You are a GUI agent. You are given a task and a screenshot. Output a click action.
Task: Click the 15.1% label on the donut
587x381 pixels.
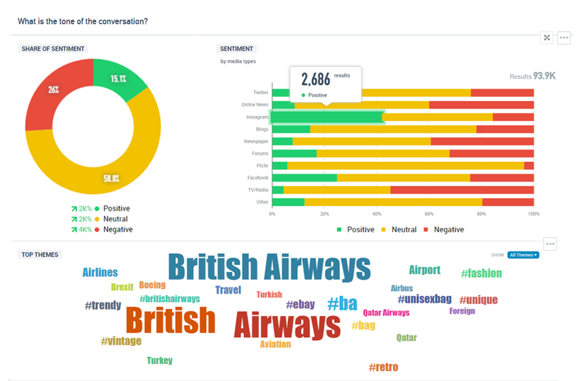[119, 79]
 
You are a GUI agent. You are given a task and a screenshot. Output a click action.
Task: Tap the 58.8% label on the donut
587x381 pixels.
[111, 179]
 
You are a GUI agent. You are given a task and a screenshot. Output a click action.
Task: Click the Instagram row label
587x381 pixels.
[257, 117]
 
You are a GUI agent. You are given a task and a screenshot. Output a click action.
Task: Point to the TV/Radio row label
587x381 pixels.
[257, 190]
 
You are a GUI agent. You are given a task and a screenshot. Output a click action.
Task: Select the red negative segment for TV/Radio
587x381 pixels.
[462, 190]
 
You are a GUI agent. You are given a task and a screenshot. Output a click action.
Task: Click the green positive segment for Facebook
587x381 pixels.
[305, 177]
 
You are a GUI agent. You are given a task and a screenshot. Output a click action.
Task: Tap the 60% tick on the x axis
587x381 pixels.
[429, 214]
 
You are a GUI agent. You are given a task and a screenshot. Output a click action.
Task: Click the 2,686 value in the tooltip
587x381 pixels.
[316, 79]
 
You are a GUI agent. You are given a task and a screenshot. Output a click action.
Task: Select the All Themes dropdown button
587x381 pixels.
[523, 255]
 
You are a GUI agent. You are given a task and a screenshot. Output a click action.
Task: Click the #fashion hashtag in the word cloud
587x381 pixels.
[481, 273]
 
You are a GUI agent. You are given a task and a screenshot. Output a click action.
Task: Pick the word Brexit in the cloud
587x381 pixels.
[122, 287]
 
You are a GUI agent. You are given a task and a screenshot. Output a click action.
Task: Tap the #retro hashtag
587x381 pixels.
[383, 367]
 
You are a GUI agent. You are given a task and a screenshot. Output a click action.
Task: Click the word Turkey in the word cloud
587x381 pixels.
[160, 361]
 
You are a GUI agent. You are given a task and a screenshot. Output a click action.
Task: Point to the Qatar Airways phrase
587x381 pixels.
[386, 313]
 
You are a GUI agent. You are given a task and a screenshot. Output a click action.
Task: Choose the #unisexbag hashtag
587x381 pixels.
[424, 299]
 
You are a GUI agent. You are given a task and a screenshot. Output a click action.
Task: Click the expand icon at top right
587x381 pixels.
[547, 37]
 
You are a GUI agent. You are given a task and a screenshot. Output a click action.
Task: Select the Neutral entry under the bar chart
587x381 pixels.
[403, 229]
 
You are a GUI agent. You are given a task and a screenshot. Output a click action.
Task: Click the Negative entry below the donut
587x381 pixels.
[117, 229]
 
